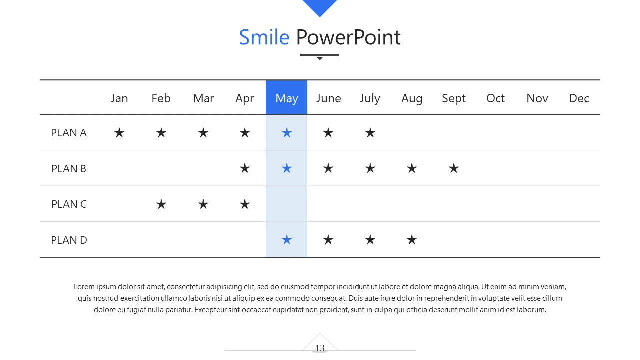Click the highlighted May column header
click(x=286, y=97)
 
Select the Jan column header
click(x=119, y=98)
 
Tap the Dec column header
click(x=579, y=98)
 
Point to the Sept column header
click(x=453, y=99)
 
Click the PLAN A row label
click(x=69, y=133)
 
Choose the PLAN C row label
click(x=69, y=204)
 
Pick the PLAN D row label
click(x=69, y=240)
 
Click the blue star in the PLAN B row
click(x=287, y=168)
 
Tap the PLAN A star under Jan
click(x=119, y=133)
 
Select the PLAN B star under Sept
click(x=453, y=168)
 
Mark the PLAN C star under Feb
click(x=161, y=204)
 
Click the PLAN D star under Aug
click(x=411, y=240)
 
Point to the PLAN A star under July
click(x=370, y=133)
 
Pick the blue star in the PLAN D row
click(x=287, y=240)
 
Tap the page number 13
click(x=320, y=348)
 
